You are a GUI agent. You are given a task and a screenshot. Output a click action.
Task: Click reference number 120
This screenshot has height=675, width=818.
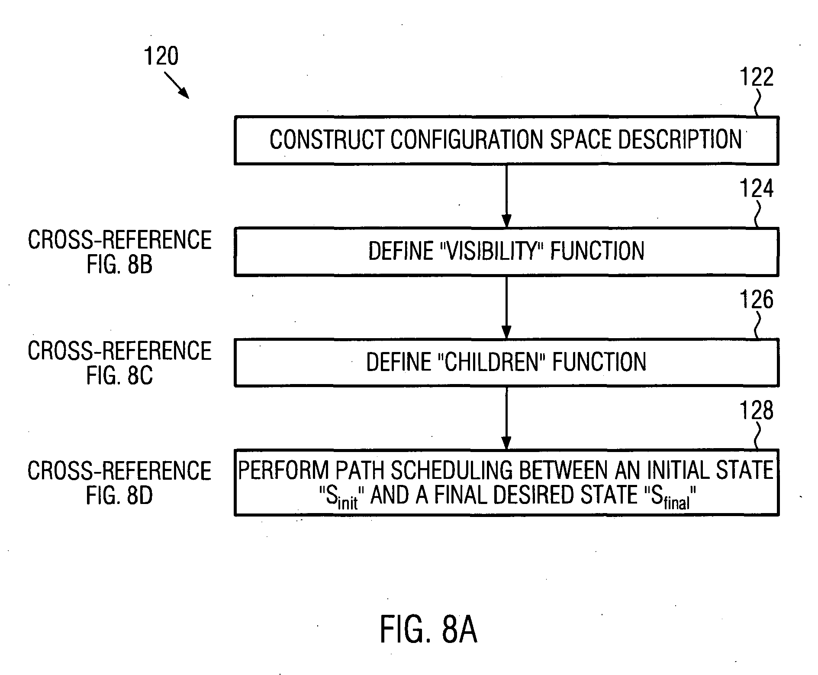click(x=161, y=57)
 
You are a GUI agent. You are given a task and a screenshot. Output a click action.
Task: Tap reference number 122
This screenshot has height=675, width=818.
click(x=757, y=78)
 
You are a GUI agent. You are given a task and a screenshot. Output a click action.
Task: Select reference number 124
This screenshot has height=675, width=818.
click(x=757, y=189)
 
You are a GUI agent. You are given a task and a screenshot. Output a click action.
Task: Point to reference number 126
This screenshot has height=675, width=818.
click(x=757, y=300)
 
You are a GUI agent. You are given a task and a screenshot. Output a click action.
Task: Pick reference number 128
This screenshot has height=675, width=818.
click(x=757, y=410)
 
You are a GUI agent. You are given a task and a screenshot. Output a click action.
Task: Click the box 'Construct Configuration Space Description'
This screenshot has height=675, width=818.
click(x=506, y=140)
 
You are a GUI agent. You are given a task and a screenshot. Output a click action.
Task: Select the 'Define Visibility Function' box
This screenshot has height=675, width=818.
click(x=506, y=252)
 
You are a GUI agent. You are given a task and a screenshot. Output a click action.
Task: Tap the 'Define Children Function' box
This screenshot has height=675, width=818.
click(x=506, y=362)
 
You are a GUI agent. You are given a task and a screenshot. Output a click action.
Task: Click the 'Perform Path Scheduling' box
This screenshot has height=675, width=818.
click(x=506, y=483)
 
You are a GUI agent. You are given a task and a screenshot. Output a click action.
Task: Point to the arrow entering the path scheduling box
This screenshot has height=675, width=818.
click(x=506, y=418)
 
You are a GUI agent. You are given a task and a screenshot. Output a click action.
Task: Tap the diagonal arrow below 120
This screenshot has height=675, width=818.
click(x=177, y=85)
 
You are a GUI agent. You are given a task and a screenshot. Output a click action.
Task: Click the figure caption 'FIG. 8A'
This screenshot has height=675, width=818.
click(x=428, y=630)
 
